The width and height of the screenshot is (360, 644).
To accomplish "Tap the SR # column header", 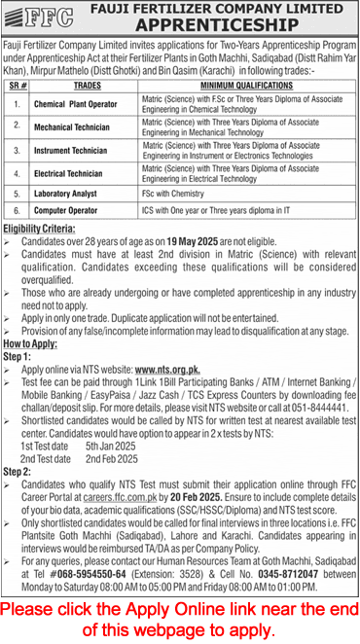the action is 18,85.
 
